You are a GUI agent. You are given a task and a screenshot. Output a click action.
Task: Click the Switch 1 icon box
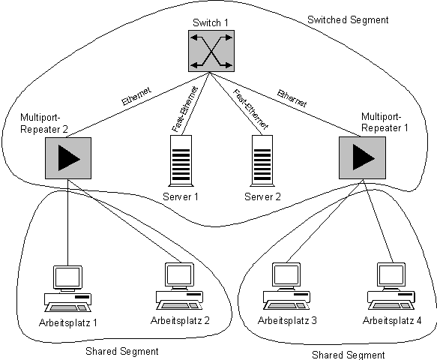pos(211,51)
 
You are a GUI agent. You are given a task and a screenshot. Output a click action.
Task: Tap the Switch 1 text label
pos(211,22)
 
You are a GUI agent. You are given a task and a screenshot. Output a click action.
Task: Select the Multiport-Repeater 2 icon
pos(68,158)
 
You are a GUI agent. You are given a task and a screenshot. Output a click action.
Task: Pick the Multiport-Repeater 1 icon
pos(362,157)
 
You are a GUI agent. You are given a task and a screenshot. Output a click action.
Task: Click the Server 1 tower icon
pos(181,161)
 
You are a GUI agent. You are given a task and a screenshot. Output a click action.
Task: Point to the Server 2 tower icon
pos(262,161)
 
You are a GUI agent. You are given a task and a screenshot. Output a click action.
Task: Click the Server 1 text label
pos(181,196)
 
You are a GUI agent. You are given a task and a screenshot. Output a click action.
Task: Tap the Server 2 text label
pos(262,196)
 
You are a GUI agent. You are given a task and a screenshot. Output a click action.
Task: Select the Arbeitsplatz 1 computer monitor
pos(67,278)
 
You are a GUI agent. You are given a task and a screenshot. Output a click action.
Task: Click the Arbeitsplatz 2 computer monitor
pos(180,275)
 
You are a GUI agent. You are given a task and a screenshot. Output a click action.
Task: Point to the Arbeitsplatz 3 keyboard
pos(286,305)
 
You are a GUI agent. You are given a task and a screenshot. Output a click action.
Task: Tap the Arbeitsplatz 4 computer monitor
pos(391,275)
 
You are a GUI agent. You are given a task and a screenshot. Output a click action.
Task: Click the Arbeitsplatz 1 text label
pos(68,322)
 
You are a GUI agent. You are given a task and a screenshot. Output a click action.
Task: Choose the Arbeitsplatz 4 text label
pos(392,320)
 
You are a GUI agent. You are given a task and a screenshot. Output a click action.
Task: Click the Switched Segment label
pos(348,19)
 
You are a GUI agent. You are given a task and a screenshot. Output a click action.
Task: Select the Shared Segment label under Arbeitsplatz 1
pos(122,351)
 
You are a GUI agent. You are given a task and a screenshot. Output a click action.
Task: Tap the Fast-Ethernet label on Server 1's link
pos(184,109)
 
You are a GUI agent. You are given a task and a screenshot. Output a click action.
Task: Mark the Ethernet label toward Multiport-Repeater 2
pos(136,96)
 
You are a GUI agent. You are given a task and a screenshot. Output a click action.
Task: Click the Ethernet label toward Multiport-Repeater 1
pos(292,98)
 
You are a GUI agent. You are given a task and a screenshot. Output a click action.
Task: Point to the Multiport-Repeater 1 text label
pos(385,122)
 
